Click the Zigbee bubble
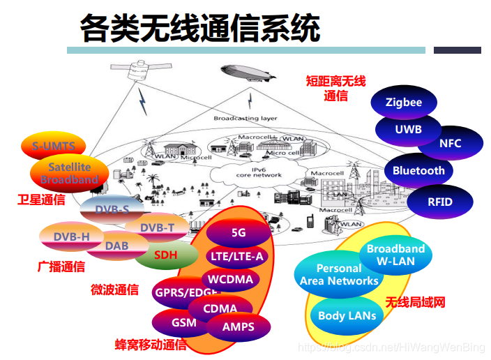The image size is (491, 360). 404,103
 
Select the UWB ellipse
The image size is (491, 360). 408,129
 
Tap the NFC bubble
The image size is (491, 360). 450,143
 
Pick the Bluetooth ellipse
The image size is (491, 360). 418,171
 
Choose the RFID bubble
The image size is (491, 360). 440,202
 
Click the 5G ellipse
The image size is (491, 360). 239,233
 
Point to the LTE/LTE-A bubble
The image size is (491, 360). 237,257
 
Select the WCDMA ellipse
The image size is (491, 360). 232,280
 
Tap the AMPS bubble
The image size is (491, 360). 239,327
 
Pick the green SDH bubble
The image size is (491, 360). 165,255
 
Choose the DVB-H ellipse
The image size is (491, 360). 71,237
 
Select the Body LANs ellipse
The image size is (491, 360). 347,315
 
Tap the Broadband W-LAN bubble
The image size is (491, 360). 395,255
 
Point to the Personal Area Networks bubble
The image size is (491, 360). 339,275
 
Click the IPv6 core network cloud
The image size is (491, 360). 248,172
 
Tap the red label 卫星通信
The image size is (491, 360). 41,200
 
